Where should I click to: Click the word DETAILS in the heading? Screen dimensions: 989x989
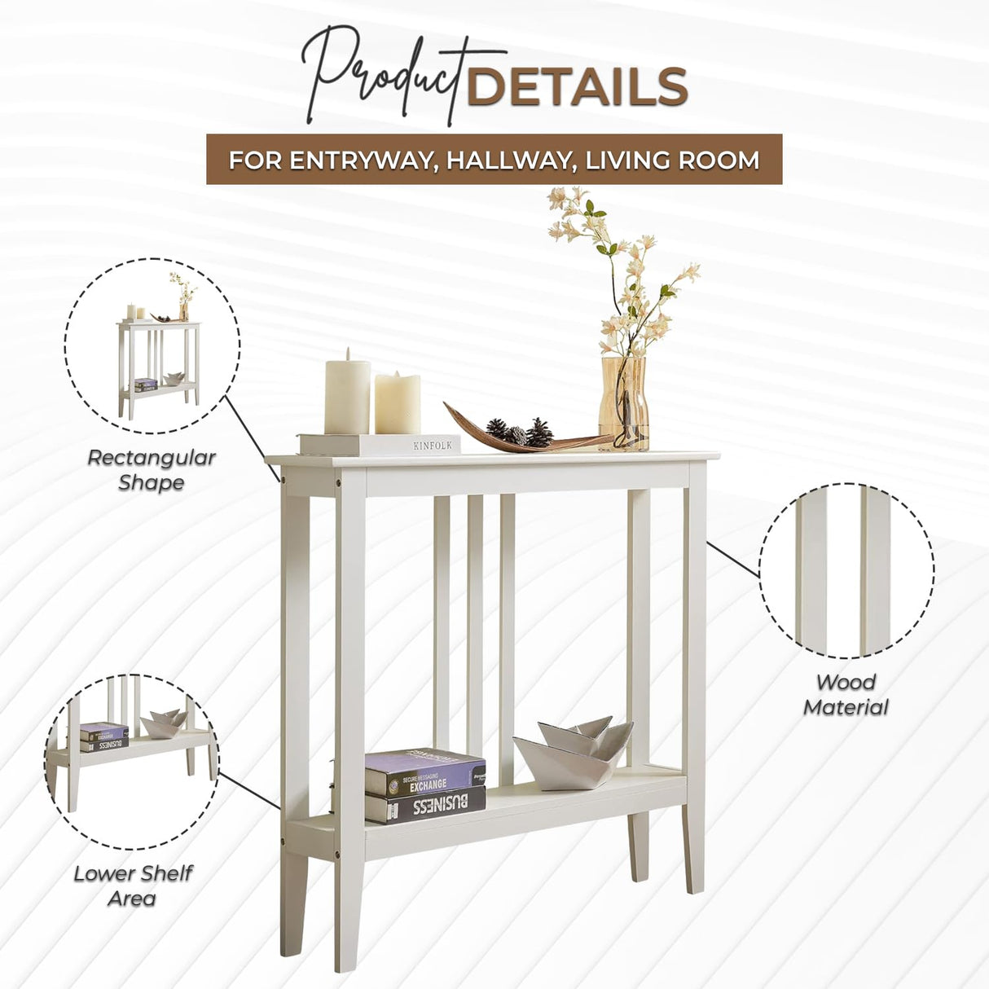pyautogui.click(x=577, y=87)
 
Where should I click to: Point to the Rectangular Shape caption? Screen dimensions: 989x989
pyautogui.click(x=152, y=470)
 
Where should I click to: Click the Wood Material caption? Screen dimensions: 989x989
pyautogui.click(x=846, y=695)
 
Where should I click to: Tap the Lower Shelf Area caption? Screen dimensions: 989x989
pyautogui.click(x=133, y=886)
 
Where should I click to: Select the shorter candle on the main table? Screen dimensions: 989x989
pyautogui.click(x=398, y=403)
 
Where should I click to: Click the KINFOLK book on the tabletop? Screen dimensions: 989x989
pyautogui.click(x=380, y=445)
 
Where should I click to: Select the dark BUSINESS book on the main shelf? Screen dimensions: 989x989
pyautogui.click(x=425, y=806)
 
